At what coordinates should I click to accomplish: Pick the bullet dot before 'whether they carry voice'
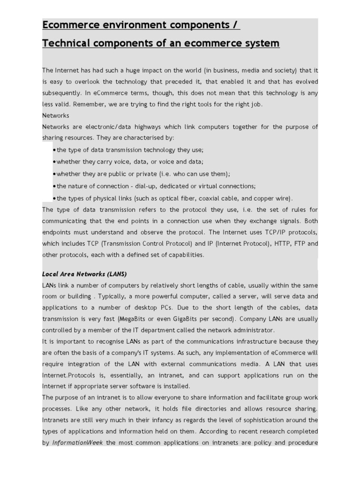[x=55, y=162]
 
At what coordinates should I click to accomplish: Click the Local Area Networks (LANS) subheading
[x=84, y=274]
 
